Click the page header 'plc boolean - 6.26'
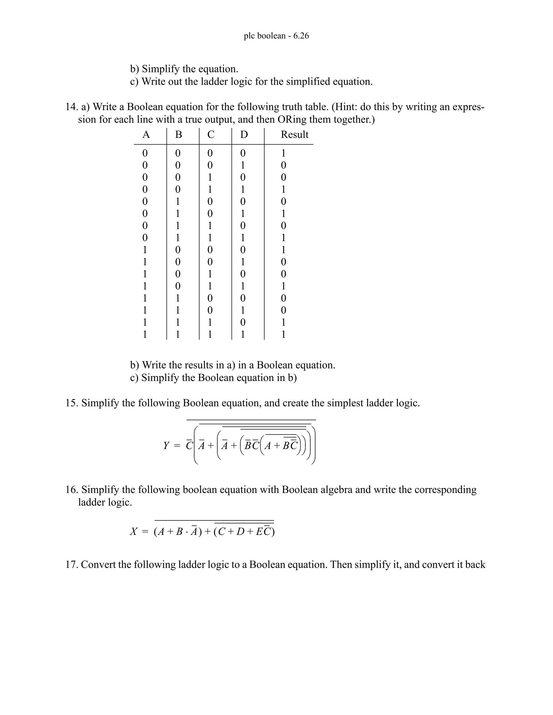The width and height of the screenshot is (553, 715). (276, 36)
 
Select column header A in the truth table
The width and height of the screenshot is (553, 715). (146, 135)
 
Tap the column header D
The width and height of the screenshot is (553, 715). (244, 135)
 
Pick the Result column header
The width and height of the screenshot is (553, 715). (295, 135)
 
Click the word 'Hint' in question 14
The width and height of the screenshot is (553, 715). (344, 107)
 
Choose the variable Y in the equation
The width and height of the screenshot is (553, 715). (166, 445)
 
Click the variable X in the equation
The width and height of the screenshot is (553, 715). (133, 531)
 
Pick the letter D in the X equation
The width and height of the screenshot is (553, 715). (240, 531)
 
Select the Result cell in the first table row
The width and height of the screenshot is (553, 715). (283, 153)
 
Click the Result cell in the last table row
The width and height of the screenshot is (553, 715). (283, 335)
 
